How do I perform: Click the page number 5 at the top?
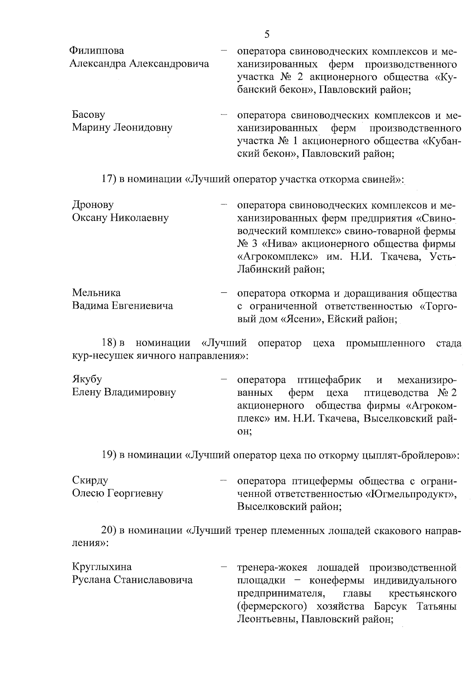267,35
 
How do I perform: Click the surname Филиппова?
96,51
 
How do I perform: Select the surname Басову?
88,115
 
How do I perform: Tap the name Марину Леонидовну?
122,128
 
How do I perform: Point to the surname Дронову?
93,205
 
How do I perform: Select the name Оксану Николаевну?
121,218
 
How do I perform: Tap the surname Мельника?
96,293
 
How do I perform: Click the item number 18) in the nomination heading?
108,343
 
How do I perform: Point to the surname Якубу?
87,380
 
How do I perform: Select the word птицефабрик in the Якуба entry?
329,380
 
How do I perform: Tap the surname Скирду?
90,481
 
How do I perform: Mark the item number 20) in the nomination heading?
108,531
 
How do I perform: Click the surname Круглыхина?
102,567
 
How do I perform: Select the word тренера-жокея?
272,568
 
